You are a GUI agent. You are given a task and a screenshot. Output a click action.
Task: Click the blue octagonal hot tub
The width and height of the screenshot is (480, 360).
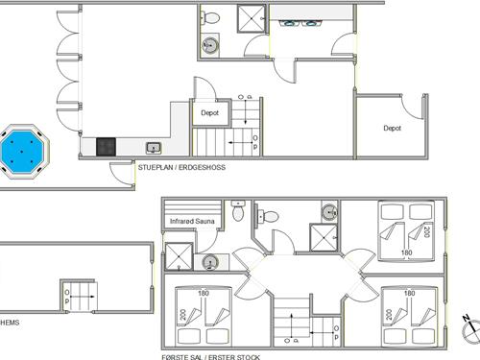(22, 151)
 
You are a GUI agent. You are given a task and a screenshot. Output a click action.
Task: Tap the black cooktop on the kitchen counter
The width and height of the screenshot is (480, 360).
(106, 147)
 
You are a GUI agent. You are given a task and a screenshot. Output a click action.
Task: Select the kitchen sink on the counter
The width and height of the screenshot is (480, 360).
(154, 148)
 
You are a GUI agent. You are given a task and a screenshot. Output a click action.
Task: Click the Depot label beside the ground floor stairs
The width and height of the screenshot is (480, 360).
(209, 112)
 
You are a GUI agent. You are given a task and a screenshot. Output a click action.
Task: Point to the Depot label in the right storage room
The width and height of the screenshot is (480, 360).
(392, 128)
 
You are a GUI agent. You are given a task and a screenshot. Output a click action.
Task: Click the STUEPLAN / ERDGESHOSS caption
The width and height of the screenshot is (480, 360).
(181, 167)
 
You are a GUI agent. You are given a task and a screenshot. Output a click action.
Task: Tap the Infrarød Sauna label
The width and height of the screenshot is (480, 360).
(192, 221)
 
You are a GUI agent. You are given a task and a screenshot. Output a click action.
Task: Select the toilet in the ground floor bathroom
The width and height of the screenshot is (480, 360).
(210, 17)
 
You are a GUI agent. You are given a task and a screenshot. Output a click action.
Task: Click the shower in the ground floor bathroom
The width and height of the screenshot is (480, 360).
(252, 18)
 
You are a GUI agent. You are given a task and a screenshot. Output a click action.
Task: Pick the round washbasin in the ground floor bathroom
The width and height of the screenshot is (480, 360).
(210, 45)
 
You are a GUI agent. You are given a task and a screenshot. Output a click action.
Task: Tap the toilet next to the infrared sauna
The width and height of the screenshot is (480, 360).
(238, 210)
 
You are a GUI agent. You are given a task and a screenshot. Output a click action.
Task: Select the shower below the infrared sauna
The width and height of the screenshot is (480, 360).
(179, 256)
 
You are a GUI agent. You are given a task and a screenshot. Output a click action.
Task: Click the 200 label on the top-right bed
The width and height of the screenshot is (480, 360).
(426, 231)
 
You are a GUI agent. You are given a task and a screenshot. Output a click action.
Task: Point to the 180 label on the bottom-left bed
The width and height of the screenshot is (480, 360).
(204, 293)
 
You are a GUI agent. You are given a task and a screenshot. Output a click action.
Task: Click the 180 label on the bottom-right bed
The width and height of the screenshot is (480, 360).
(409, 293)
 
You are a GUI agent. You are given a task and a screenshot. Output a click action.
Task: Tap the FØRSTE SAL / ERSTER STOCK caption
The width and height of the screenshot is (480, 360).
(211, 357)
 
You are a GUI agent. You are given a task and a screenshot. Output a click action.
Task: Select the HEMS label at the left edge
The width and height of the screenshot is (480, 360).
(10, 323)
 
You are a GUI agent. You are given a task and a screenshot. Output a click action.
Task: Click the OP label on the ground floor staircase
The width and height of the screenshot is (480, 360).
(255, 142)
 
